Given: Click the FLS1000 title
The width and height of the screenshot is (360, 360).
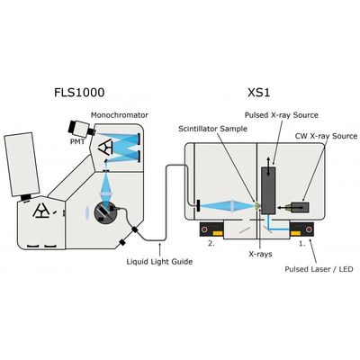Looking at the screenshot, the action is click(79, 93).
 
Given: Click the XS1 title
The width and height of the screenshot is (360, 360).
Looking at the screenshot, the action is click(259, 93).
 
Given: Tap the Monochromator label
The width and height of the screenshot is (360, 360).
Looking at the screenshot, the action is click(120, 115).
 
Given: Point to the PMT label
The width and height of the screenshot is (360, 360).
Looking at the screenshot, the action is click(77, 141).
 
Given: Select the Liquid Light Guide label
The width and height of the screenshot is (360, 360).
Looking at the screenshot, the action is click(159, 262).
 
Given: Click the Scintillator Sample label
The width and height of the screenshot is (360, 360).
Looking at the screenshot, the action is click(212, 129).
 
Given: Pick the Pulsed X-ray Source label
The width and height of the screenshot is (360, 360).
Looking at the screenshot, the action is click(281, 115).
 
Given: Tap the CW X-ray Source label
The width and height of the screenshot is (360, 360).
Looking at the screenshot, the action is click(326, 136).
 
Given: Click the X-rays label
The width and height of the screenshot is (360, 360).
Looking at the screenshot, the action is click(260, 254).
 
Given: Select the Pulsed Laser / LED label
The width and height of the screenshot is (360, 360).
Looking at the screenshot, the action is click(319, 269).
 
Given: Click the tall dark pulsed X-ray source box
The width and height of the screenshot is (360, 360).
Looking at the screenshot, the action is click(268, 191).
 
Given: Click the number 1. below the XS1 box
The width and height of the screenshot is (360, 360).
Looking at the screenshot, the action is click(302, 244).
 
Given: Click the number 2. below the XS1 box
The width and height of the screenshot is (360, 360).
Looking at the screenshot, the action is click(211, 244).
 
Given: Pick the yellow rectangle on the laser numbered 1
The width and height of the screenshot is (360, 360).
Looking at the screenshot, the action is click(295, 233).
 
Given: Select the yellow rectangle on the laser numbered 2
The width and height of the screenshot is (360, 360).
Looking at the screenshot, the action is click(218, 233).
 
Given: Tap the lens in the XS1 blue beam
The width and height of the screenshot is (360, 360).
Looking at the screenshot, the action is click(232, 206).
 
